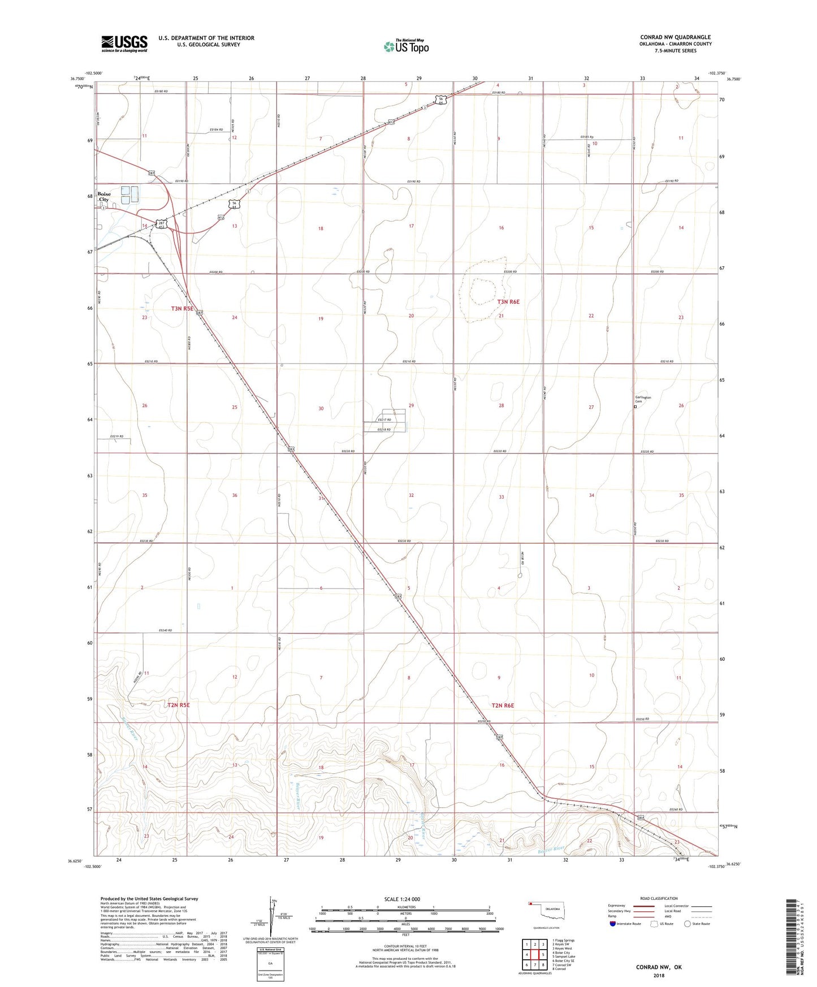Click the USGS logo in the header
pyautogui.click(x=124, y=44)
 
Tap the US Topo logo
pyautogui.click(x=405, y=46)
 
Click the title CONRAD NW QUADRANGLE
pyautogui.click(x=675, y=37)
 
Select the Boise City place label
pyautogui.click(x=104, y=197)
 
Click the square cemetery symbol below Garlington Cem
pyautogui.click(x=635, y=406)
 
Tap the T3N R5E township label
pyautogui.click(x=183, y=309)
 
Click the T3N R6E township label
pyautogui.click(x=508, y=302)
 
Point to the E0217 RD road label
pyautogui.click(x=384, y=420)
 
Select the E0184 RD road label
pyautogui.click(x=216, y=130)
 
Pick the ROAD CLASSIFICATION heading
pyautogui.click(x=659, y=898)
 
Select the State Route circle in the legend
pyautogui.click(x=687, y=924)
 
